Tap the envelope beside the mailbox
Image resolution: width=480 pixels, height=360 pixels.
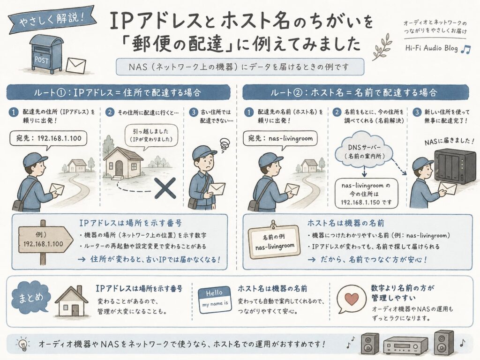pyautogui.click(x=76, y=66)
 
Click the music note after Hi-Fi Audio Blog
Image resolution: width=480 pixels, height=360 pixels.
pyautogui.click(x=465, y=49)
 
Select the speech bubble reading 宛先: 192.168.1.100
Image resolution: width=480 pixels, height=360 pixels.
pyautogui.click(x=48, y=139)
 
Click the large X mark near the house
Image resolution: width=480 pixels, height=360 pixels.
pyautogui.click(x=165, y=187)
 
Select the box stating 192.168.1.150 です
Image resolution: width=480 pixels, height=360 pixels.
pyautogui.click(x=366, y=194)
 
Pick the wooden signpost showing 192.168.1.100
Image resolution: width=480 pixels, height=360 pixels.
pyautogui.click(x=45, y=240)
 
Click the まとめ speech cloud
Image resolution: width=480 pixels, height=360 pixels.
pyautogui.click(x=30, y=298)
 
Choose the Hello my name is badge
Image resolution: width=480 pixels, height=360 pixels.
pyautogui.click(x=215, y=300)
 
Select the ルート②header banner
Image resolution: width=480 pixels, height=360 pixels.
pyautogui.click(x=355, y=92)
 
